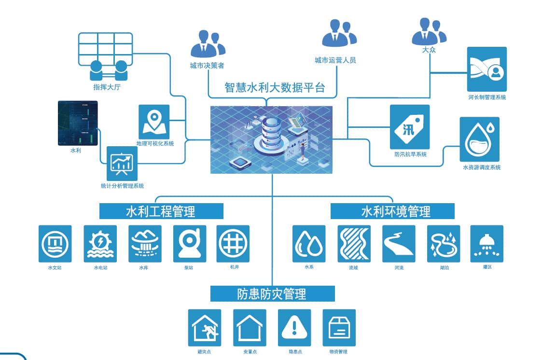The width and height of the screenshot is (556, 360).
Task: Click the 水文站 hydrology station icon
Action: (55, 244)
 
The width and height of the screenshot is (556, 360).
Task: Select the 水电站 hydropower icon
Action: (100, 244)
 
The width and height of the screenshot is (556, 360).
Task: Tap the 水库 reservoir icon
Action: (145, 244)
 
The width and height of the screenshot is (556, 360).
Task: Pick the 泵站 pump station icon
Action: (190, 244)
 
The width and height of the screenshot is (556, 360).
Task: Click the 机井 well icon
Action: (233, 244)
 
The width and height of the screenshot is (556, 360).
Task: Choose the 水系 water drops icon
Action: (309, 244)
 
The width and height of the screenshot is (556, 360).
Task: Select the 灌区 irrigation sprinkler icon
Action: (486, 244)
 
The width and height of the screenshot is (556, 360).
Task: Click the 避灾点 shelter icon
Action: (205, 328)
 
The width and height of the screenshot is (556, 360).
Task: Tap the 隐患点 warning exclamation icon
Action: (294, 328)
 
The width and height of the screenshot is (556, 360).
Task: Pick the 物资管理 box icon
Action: (339, 328)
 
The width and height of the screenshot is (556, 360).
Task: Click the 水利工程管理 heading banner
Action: (161, 211)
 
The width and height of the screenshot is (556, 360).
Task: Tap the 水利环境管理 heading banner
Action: (392, 211)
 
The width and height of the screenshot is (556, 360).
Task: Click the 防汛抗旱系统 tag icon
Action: (409, 127)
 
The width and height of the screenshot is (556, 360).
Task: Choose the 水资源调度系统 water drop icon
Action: (479, 139)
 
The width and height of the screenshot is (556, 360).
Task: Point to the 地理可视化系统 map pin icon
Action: (154, 122)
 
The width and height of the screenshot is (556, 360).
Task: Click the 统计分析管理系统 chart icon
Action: (122, 164)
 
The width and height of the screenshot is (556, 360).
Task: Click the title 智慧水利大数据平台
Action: (275, 88)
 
